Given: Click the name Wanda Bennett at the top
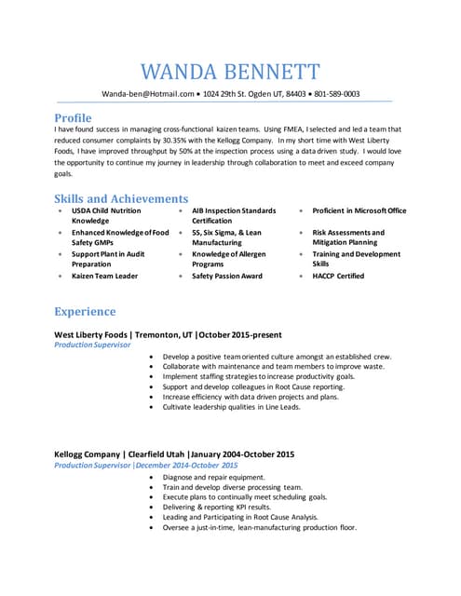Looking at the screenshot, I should (230, 72).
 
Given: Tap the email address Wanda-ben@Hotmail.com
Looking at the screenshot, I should (148, 94).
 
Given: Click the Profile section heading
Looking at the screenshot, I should (73, 118).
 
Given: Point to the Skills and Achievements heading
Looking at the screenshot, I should (121, 198).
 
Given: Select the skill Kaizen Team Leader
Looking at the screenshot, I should (105, 276).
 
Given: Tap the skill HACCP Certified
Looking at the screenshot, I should (338, 276).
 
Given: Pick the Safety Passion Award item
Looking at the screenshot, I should (227, 276).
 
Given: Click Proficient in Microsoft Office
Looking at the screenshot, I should (359, 210).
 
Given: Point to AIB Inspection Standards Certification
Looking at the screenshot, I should (234, 216).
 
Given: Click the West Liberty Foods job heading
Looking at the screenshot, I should (168, 334).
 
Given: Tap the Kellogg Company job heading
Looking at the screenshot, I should (174, 454).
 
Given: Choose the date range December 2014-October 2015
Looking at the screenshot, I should (186, 465).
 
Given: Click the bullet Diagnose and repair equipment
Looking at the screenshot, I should (213, 476).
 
